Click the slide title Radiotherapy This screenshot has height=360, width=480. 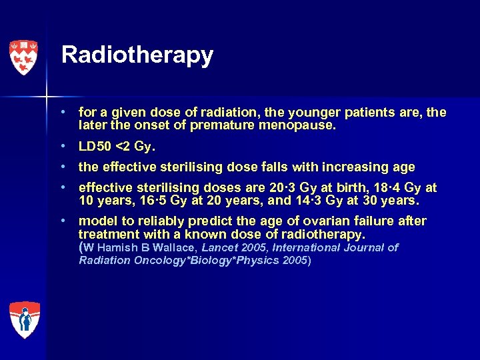(x=137, y=55)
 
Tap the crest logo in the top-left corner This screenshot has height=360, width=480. (x=24, y=57)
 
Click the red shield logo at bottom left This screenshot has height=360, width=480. (x=24, y=319)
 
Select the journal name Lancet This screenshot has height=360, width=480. (x=221, y=247)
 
